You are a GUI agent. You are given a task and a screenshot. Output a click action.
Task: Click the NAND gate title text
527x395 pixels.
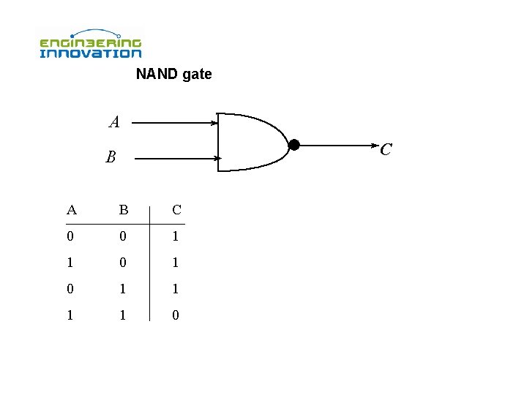click(173, 74)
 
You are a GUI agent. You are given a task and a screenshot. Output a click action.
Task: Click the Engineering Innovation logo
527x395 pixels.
click(90, 45)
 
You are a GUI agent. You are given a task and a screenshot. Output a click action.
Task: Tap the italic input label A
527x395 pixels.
click(114, 122)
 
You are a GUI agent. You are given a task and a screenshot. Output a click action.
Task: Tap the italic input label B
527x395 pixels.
click(111, 157)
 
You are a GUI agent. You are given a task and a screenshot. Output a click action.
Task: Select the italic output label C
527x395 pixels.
click(386, 149)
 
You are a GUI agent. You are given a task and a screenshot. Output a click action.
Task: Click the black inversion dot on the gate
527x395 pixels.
click(294, 145)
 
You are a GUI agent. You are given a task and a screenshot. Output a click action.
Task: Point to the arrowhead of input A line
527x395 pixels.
click(214, 124)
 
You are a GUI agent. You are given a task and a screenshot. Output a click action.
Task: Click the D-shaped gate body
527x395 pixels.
click(249, 142)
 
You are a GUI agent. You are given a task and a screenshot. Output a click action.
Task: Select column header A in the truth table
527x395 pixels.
click(71, 211)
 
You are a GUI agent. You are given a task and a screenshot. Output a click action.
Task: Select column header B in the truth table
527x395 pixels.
click(124, 211)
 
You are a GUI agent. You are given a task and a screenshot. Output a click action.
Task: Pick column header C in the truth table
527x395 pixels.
click(176, 211)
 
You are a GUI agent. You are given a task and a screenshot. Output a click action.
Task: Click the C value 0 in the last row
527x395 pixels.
click(176, 315)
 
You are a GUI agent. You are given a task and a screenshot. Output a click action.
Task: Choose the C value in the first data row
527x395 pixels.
click(176, 237)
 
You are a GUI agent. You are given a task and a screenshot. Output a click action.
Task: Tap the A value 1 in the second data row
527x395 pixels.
click(70, 263)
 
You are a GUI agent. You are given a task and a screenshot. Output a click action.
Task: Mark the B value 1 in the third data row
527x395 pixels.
click(124, 289)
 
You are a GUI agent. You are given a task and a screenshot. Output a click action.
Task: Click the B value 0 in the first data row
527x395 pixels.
click(124, 237)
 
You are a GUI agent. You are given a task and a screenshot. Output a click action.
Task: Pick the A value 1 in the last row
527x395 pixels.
click(70, 315)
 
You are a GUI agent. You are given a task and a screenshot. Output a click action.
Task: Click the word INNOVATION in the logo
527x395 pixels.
click(90, 53)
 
